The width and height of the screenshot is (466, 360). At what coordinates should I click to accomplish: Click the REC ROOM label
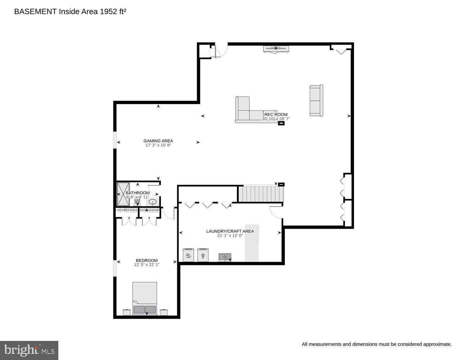(x=276, y=114)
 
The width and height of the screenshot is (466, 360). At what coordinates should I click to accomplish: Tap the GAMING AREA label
(x=158, y=141)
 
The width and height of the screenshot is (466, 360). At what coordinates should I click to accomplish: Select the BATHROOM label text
(x=138, y=193)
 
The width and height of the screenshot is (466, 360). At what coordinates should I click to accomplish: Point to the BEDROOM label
(x=147, y=260)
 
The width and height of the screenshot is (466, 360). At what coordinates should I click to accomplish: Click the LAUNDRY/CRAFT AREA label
(x=230, y=231)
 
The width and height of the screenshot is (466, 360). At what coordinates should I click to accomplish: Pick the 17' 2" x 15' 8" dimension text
(x=158, y=145)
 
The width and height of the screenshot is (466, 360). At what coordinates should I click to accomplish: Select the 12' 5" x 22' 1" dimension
(x=147, y=265)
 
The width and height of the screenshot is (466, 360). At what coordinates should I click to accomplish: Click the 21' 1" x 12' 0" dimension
(x=230, y=236)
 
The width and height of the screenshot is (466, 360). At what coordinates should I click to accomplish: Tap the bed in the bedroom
(x=145, y=298)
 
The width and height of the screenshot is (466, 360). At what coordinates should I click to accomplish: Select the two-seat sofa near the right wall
(x=316, y=100)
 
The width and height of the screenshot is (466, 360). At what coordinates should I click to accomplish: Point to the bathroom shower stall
(x=123, y=194)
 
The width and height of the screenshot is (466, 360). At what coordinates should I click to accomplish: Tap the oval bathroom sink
(x=153, y=202)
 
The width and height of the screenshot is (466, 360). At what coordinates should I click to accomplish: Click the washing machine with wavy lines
(x=188, y=255)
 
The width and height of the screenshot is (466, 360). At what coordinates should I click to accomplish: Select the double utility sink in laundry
(x=225, y=257)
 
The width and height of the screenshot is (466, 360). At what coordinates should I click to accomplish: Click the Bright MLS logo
(x=29, y=350)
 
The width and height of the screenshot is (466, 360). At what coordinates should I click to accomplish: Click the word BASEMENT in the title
(x=35, y=12)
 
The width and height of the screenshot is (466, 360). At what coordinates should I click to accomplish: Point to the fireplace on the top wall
(x=276, y=49)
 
